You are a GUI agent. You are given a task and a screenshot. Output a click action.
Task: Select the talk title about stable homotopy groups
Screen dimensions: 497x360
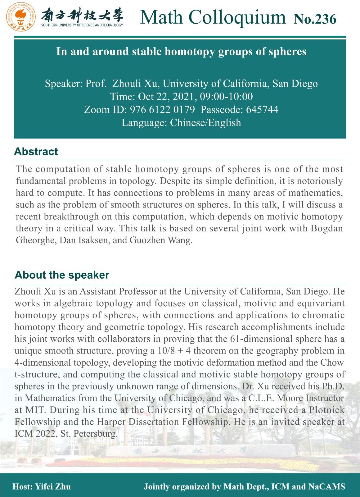(181, 51)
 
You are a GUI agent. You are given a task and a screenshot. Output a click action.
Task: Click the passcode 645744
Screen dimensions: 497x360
(262, 110)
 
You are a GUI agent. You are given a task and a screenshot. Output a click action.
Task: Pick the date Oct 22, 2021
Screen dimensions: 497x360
(165, 97)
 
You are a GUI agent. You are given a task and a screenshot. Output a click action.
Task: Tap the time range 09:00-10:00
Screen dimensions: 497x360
(231, 97)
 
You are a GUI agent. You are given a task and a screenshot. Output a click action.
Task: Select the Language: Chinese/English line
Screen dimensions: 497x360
(181, 123)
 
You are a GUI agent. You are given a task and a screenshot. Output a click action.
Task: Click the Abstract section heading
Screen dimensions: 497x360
(36, 152)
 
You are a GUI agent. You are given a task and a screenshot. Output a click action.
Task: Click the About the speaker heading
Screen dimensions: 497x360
(62, 275)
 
